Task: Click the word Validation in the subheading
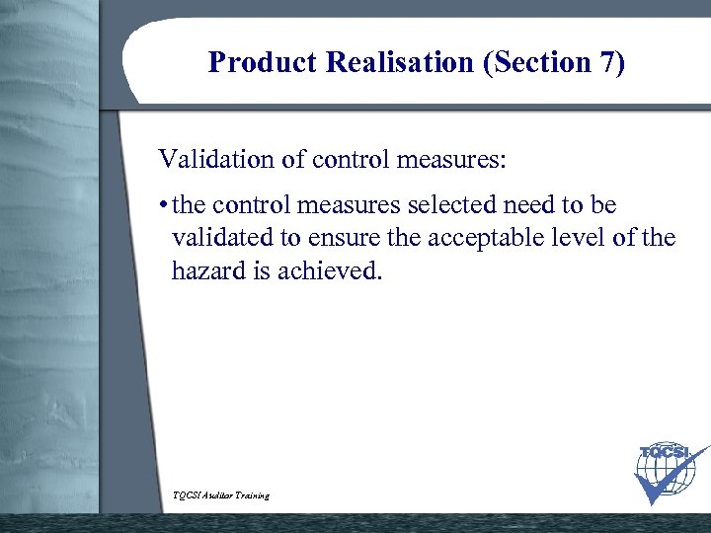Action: pos(210,159)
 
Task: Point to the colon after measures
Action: pos(503,160)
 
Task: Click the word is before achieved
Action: pos(255,270)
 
